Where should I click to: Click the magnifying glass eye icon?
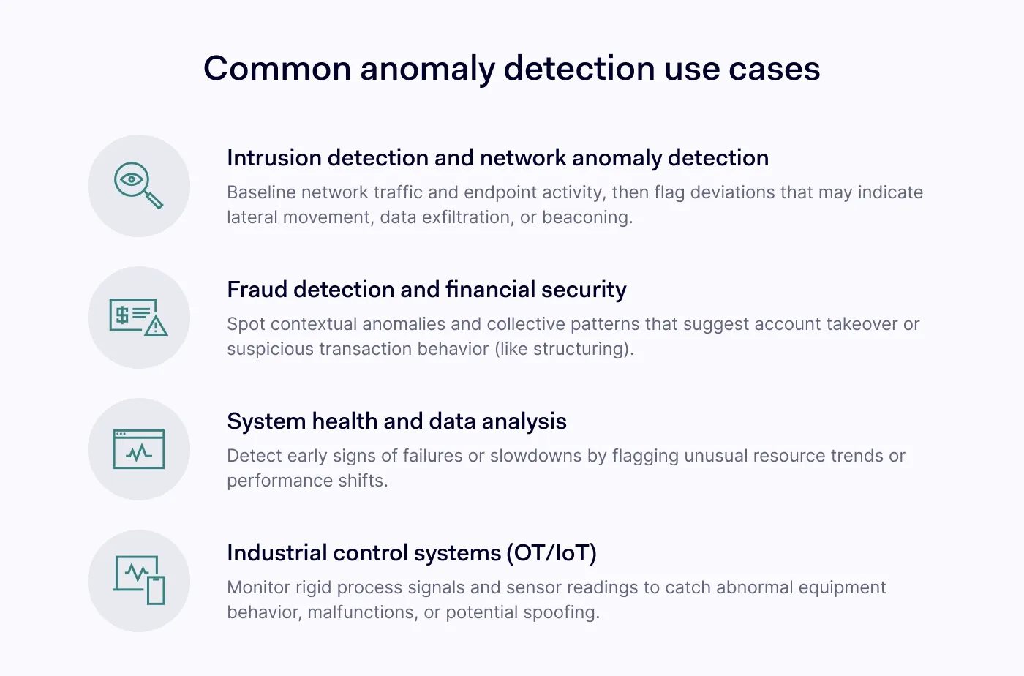[138, 185]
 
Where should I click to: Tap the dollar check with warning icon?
[138, 318]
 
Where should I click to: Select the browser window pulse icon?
[139, 449]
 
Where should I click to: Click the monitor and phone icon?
[139, 580]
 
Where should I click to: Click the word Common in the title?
[277, 69]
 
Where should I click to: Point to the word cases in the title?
[775, 70]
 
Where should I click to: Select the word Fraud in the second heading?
[257, 290]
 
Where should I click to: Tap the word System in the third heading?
[266, 421]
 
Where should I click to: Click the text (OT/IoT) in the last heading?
[551, 553]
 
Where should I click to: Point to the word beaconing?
[587, 218]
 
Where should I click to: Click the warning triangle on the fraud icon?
[156, 326]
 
